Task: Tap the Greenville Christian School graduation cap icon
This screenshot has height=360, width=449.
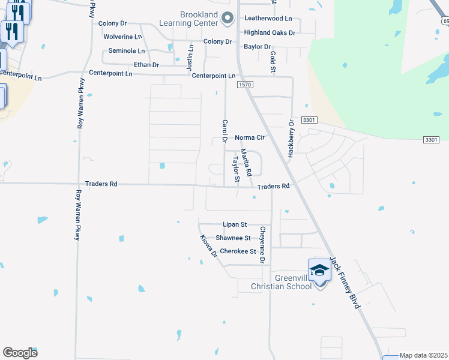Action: click(x=319, y=271)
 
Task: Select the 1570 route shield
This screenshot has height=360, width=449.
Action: click(x=244, y=85)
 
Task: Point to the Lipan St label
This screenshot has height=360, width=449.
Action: click(x=235, y=224)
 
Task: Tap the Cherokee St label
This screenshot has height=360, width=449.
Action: click(x=238, y=251)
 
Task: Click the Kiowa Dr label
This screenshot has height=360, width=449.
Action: click(x=209, y=246)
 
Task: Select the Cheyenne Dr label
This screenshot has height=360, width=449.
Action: click(x=262, y=245)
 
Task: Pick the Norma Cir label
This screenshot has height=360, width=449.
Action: click(x=250, y=137)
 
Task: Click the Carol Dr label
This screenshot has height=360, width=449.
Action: click(x=224, y=131)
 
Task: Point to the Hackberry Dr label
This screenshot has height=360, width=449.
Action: click(x=291, y=139)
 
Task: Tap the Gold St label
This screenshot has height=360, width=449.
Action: click(x=273, y=62)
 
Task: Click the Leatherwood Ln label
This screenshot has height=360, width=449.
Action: click(x=268, y=19)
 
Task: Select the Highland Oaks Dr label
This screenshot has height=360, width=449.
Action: click(x=270, y=32)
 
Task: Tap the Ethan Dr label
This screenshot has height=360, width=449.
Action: click(x=146, y=65)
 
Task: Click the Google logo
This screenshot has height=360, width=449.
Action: click(x=20, y=353)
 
